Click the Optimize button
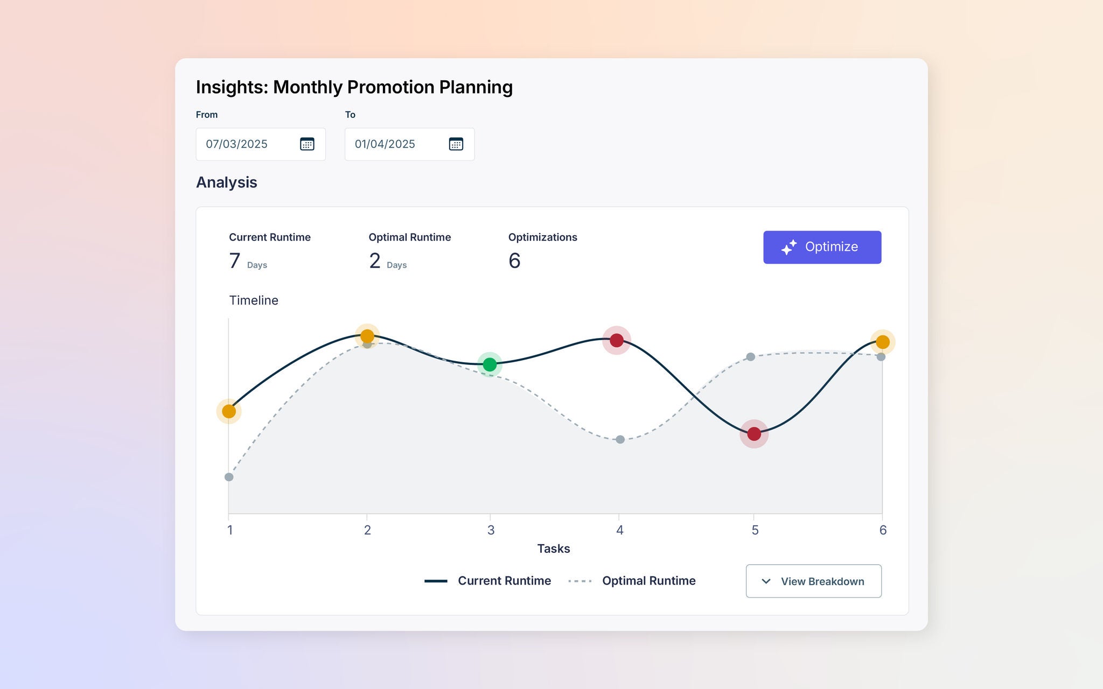tap(822, 247)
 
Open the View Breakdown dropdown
tap(813, 581)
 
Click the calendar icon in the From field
tap(307, 144)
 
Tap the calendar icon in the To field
tap(456, 144)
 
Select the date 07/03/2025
tap(237, 144)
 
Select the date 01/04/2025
tap(385, 144)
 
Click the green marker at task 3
tap(490, 364)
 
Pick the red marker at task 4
tap(617, 340)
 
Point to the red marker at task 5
tap(754, 433)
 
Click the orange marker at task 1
tap(229, 411)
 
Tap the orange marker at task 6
tap(883, 342)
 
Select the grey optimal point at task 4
tap(620, 439)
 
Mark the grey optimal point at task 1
tap(229, 477)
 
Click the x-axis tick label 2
tap(367, 530)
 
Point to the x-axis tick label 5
tap(755, 530)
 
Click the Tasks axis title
tap(553, 549)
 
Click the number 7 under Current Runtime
tap(235, 261)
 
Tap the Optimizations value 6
tap(514, 261)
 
